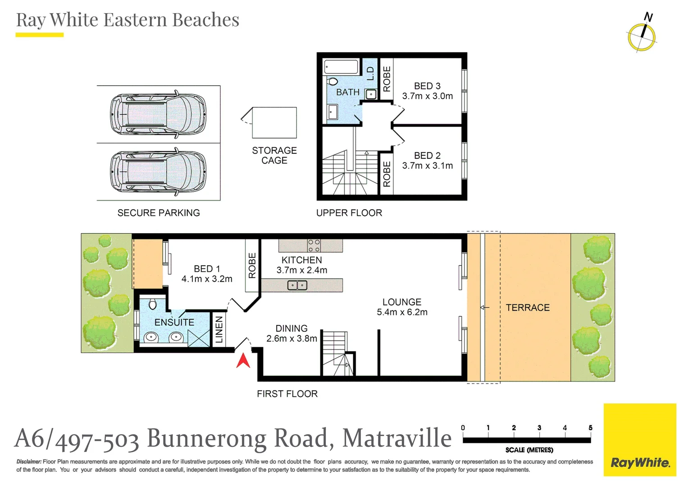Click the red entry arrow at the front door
pos(243,361)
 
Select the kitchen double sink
pos(297,285)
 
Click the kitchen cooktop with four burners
pos(314,246)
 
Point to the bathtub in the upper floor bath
pos(341,67)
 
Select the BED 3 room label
pos(427,86)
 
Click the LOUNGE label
pos(402,302)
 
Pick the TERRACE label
pos(528,308)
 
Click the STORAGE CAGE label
pos(274,155)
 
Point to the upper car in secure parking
pos(158,114)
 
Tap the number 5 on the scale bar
pos(590,427)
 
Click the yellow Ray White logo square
pos(640,440)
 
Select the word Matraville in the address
pos(397,438)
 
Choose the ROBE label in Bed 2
pos(387,174)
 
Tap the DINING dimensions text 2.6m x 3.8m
pos(292,339)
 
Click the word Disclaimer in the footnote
pos(29,461)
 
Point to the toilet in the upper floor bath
pos(333,81)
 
